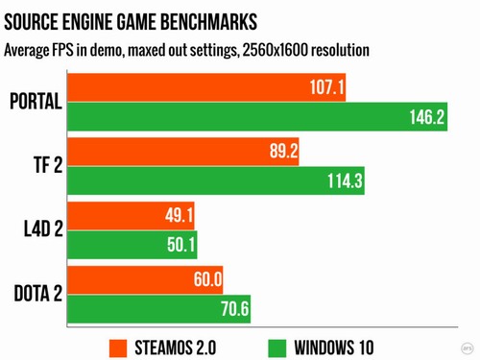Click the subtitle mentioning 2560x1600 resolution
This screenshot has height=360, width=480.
[x=188, y=49]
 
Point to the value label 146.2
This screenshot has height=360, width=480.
[x=425, y=117]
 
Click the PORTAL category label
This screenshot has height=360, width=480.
[x=34, y=103]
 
